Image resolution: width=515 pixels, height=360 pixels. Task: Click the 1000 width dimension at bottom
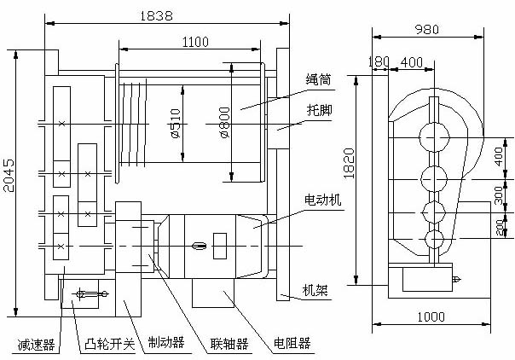tap(431, 316)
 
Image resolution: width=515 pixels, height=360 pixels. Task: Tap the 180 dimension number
tap(379, 61)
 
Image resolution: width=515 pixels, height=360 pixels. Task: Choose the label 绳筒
tap(318, 80)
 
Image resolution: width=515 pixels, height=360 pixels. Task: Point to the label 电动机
tap(322, 198)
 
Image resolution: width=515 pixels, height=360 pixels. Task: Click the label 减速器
tap(37, 345)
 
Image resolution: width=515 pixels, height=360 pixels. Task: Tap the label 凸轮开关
tap(110, 345)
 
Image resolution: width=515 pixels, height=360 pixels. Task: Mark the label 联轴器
tap(229, 345)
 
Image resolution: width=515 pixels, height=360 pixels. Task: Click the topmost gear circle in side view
tap(435, 137)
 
